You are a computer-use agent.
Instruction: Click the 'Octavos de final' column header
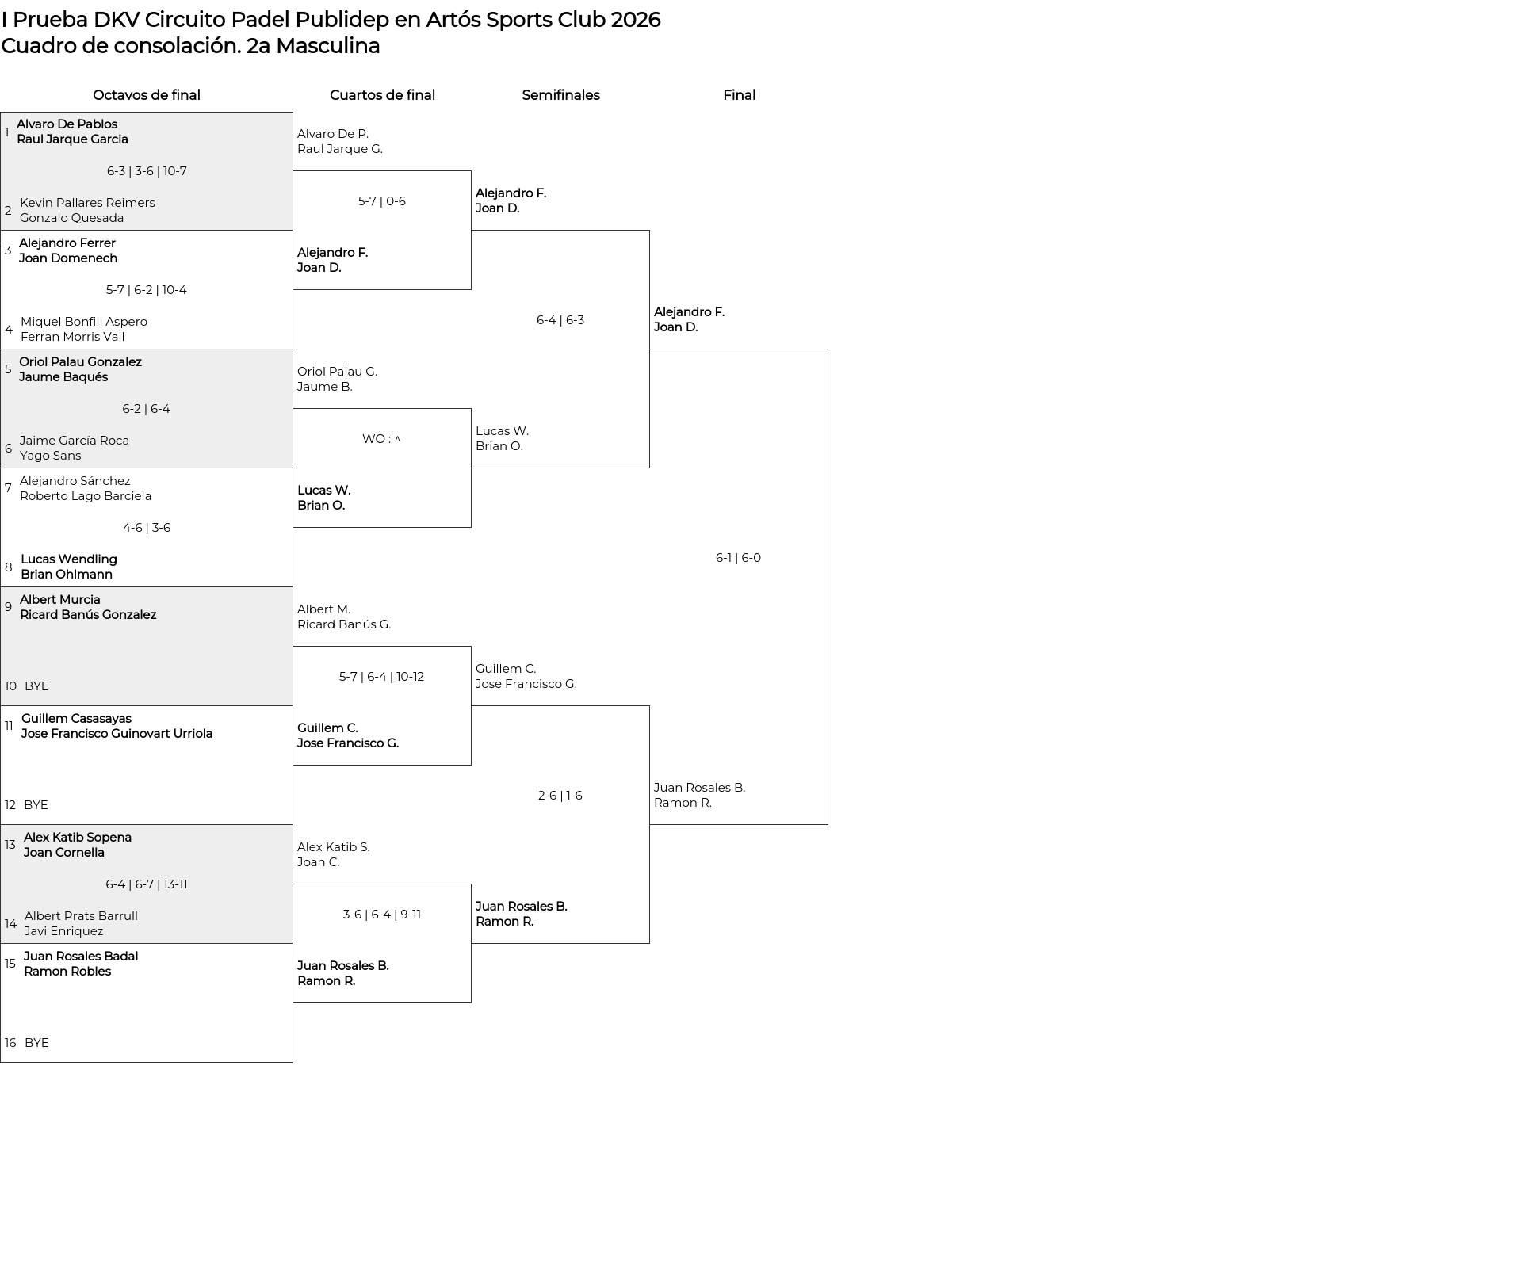(x=147, y=95)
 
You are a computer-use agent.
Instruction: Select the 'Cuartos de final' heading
(x=382, y=95)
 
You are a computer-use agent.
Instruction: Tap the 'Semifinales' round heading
(x=560, y=95)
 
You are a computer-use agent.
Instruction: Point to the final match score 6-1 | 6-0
(x=738, y=558)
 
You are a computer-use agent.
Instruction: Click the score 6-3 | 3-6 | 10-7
(x=147, y=171)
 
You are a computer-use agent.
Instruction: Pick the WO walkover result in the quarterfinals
(x=381, y=439)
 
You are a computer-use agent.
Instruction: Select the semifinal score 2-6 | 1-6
(x=560, y=796)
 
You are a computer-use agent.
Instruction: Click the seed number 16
(x=10, y=1043)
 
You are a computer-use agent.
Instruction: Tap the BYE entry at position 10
(x=36, y=686)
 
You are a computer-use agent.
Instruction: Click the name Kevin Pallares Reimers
(x=87, y=203)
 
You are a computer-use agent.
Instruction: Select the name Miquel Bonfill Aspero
(x=84, y=322)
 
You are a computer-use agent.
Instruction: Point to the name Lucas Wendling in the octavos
(x=69, y=559)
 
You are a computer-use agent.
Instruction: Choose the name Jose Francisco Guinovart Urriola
(x=117, y=734)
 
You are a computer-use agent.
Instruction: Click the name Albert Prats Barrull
(x=81, y=916)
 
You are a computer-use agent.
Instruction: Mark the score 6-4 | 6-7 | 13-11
(x=147, y=884)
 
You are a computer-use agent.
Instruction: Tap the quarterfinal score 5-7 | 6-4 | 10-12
(x=381, y=677)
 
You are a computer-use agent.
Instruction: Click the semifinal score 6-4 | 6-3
(x=560, y=320)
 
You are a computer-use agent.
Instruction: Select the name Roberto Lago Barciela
(x=86, y=496)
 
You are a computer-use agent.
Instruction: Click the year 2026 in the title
(x=635, y=20)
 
